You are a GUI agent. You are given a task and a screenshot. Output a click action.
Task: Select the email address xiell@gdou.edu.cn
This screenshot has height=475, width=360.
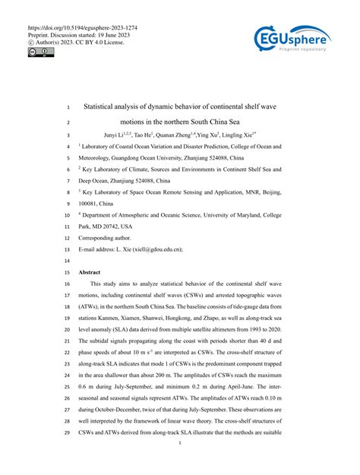click(x=158, y=248)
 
